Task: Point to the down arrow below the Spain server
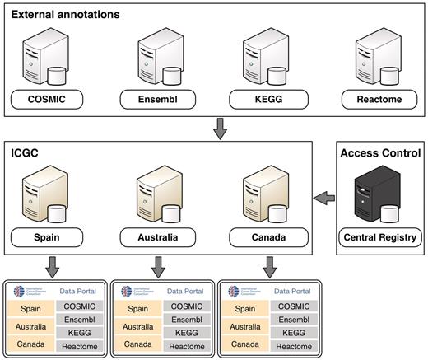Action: pos(53,266)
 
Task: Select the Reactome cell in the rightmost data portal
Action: pos(293,347)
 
